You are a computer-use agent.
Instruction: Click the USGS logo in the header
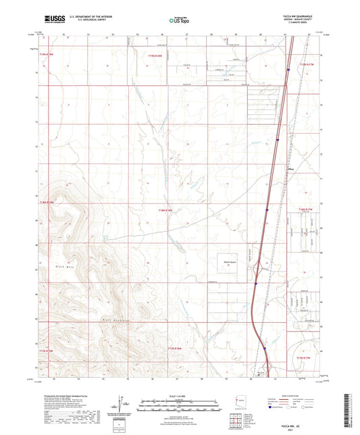pyautogui.click(x=55, y=18)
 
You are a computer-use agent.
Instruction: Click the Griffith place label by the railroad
pyautogui.click(x=291, y=169)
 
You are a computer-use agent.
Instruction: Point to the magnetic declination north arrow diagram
pyautogui.click(x=122, y=403)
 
